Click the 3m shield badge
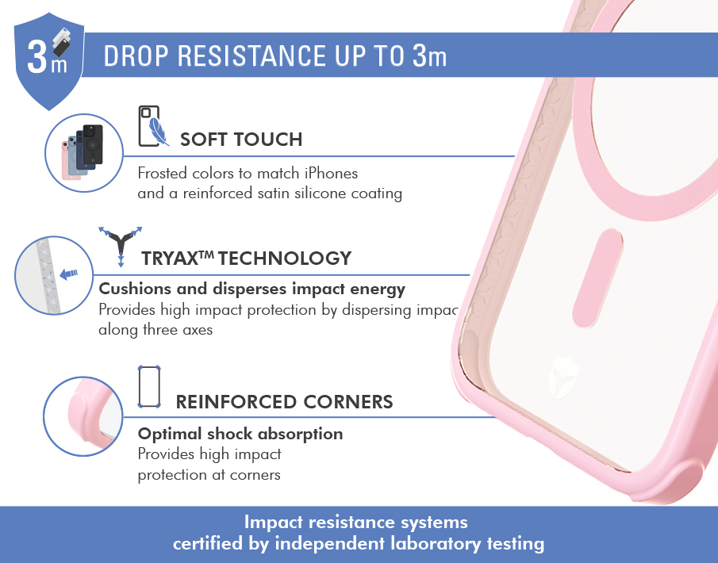pos(49,61)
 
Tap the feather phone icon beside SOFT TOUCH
pos(153,126)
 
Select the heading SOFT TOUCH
pos(241,140)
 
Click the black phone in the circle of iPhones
pos(93,144)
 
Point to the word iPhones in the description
pos(331,174)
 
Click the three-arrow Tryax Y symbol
pos(121,246)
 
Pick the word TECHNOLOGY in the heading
pos(285,259)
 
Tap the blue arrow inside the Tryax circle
pos(69,274)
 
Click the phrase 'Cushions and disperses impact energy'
pos(251,289)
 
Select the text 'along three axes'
pos(156,330)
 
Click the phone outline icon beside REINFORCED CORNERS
pos(149,387)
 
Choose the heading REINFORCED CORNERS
pos(284,402)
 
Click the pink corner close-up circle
pos(83,416)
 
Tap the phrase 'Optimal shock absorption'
pos(240,434)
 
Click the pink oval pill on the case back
pos(597,278)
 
